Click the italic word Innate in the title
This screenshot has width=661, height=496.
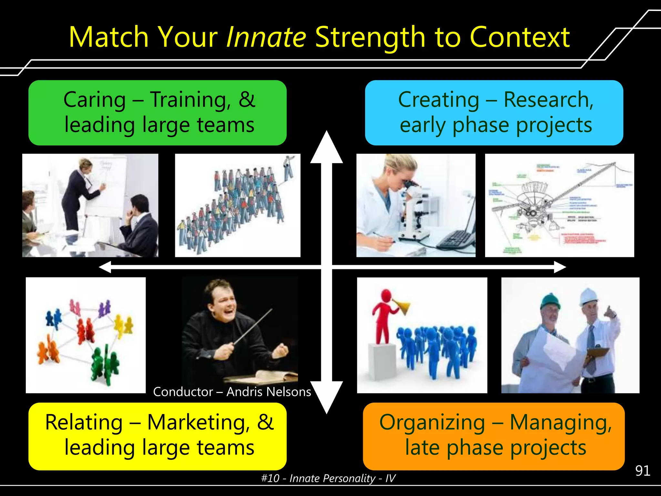(266, 37)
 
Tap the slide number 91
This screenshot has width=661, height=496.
(642, 471)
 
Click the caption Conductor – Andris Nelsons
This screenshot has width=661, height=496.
(232, 392)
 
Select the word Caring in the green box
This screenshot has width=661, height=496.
(94, 100)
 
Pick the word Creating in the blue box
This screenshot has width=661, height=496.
(438, 100)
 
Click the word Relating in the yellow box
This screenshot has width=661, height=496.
(84, 422)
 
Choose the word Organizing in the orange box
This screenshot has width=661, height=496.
(432, 422)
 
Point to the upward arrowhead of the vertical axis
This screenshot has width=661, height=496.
(327, 147)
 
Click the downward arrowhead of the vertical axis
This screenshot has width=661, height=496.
(327, 397)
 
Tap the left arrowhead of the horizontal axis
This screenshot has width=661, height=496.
(105, 267)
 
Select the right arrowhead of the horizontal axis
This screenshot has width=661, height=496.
(560, 267)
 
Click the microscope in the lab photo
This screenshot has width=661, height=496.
(413, 210)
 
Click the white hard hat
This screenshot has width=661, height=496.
(589, 296)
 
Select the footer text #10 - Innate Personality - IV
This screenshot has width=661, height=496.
(328, 478)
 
